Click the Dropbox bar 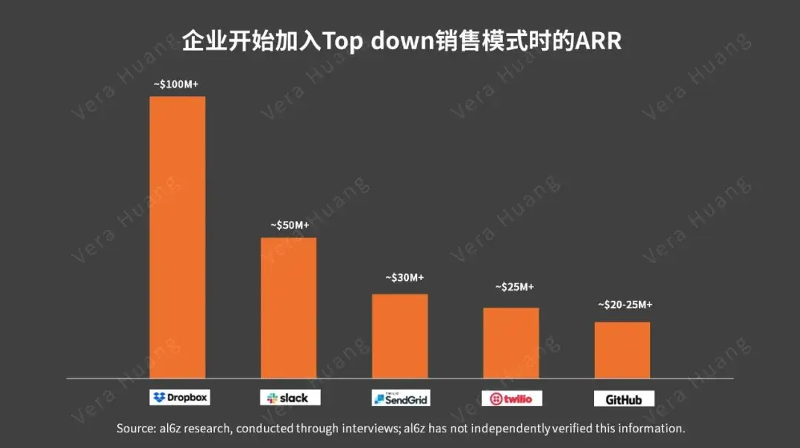177,237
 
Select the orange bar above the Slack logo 288,308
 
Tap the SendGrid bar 400,336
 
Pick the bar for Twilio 510,343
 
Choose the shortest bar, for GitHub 622,350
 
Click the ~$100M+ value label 175,84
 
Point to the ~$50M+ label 290,225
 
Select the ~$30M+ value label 404,278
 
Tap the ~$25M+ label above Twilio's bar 515,287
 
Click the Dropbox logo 180,397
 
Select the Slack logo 290,398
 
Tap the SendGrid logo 401,399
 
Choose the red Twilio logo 511,399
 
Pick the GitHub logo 623,399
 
